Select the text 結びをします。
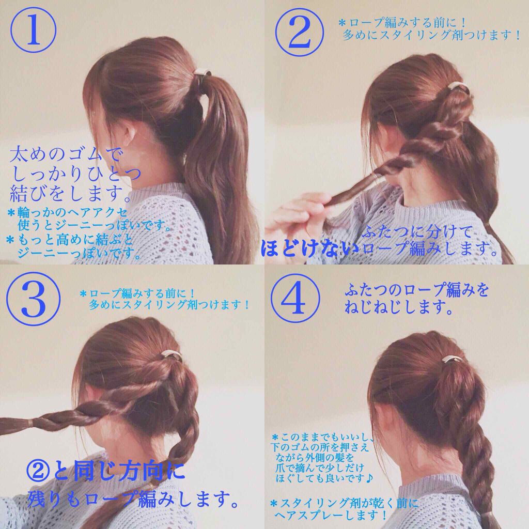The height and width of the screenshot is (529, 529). (x=70, y=195)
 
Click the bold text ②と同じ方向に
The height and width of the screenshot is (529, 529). (x=105, y=472)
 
